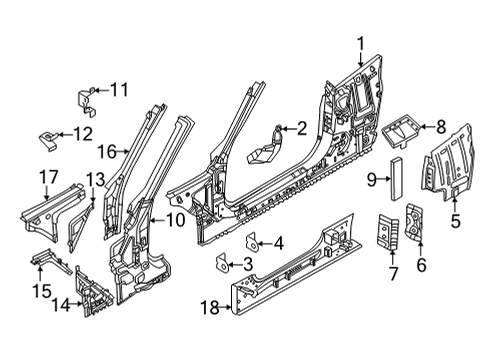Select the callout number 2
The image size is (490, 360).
298,128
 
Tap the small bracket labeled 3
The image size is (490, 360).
223,262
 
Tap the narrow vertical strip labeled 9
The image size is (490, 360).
392,179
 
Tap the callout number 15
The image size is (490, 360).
40,290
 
